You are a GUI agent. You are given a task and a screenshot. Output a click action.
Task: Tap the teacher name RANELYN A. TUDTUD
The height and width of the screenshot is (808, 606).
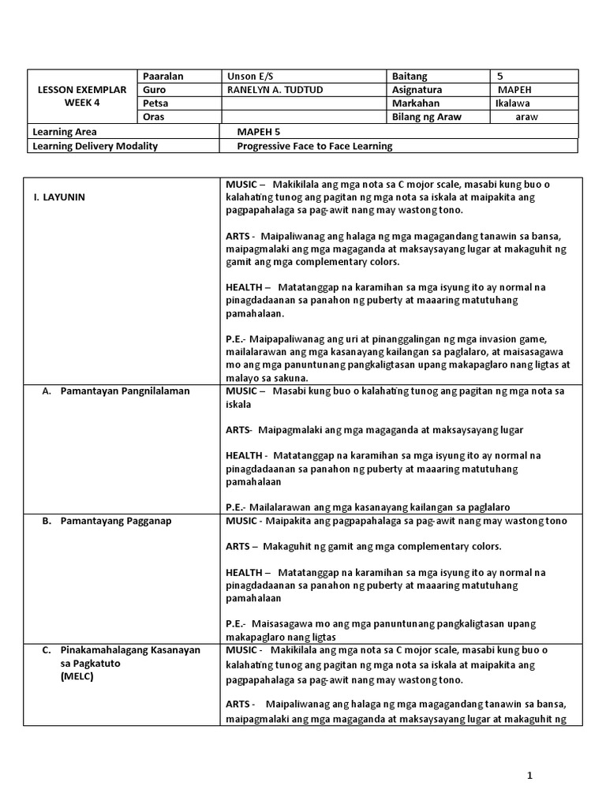[x=275, y=90]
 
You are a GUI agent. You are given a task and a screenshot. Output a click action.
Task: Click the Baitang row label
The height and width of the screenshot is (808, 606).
[x=410, y=77]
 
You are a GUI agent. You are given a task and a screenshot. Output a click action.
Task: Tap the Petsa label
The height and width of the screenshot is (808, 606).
[x=156, y=103]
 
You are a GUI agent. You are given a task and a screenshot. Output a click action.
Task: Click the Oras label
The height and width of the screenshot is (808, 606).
[x=153, y=117]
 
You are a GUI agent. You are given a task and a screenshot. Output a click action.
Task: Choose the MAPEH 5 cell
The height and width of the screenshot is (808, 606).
[x=260, y=132]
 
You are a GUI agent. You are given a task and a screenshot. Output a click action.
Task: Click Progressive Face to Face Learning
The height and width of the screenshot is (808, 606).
[x=315, y=146]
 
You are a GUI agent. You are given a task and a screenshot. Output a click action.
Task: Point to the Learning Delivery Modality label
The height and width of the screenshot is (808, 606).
[x=95, y=146]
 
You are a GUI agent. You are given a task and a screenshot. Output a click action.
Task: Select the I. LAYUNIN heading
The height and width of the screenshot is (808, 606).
[x=58, y=197]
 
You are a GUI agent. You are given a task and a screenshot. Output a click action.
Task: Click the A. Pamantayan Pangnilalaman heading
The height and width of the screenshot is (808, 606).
[x=116, y=391]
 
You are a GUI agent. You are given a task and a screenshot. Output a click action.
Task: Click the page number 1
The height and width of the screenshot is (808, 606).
[x=530, y=775]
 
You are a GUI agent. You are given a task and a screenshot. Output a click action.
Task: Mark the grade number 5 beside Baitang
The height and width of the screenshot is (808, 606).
[x=500, y=77]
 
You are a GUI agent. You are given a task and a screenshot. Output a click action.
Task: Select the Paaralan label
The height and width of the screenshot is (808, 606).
[x=163, y=77]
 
